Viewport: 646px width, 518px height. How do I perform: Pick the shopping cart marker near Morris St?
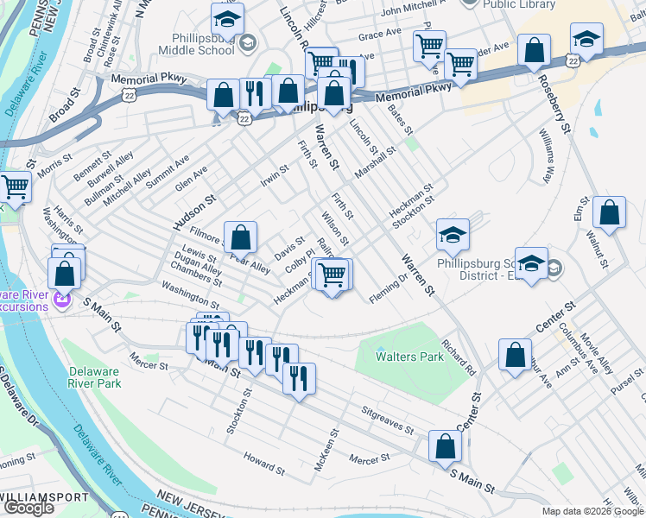(15, 186)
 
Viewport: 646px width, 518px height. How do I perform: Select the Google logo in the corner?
(28, 508)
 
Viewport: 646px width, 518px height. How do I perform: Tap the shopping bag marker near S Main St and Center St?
(446, 446)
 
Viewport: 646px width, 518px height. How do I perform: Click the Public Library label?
(519, 4)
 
